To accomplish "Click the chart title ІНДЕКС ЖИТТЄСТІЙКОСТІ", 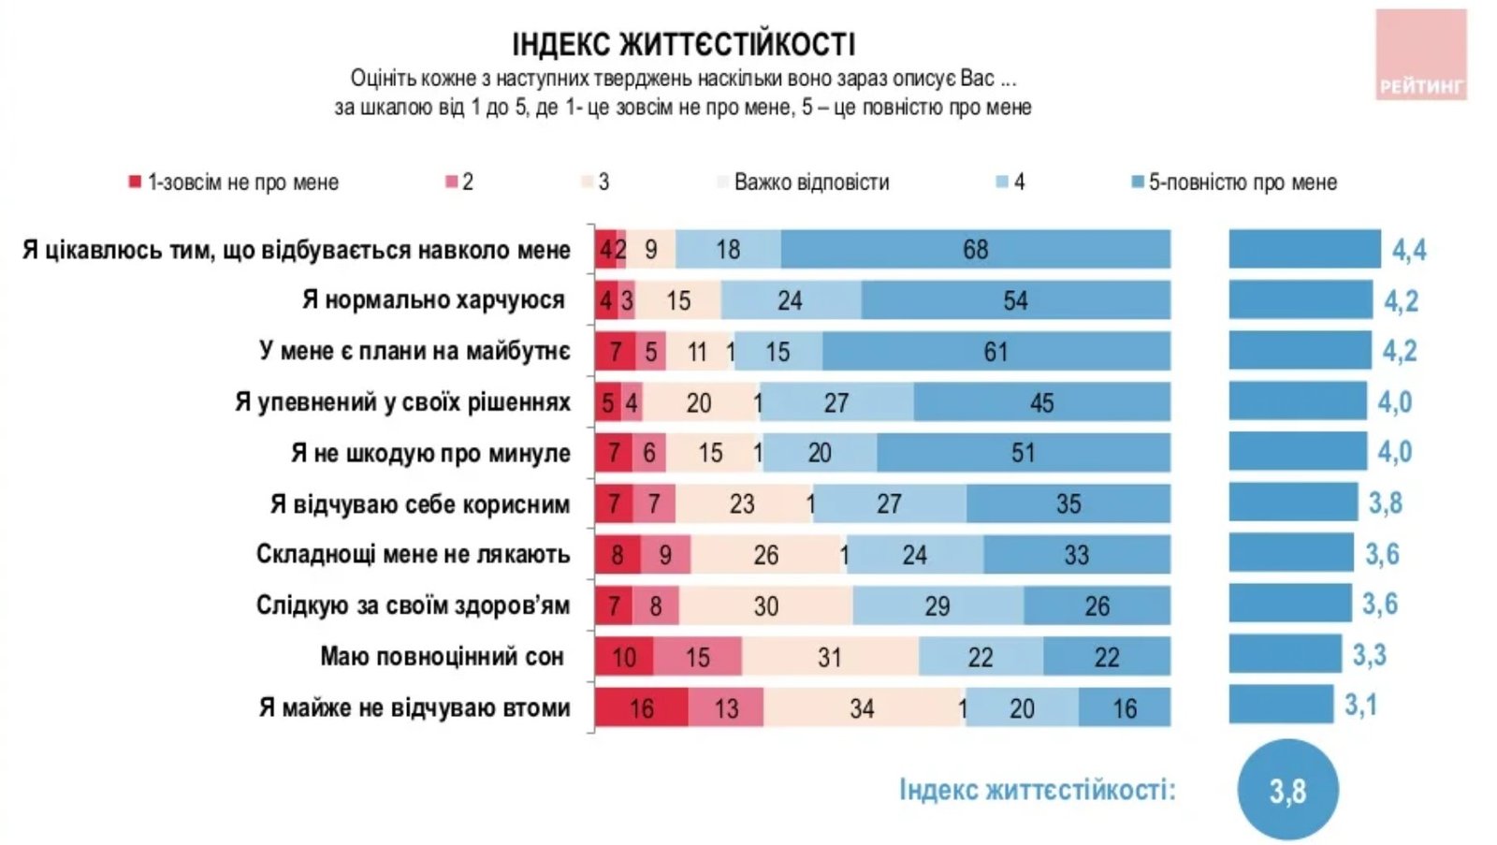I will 683,44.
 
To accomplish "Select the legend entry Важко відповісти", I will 810,182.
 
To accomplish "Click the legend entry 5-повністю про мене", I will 1242,182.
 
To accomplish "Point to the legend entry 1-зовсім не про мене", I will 242,182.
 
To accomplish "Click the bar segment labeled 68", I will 975,250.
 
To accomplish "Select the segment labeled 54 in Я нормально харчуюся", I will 1015,300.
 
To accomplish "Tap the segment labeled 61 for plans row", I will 996,352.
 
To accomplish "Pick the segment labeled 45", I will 1041,402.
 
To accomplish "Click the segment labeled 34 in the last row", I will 861,707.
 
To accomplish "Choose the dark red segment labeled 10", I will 624,657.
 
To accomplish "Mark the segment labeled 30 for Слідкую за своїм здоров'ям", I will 765,606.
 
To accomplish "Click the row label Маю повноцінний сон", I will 442,657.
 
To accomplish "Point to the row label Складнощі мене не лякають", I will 413,555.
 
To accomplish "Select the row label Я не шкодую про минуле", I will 430,454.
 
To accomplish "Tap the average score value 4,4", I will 1409,250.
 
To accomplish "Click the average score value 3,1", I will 1360,705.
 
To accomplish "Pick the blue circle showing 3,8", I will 1287,791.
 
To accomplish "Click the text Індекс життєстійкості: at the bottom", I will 1037,790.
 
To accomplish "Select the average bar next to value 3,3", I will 1285,654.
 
